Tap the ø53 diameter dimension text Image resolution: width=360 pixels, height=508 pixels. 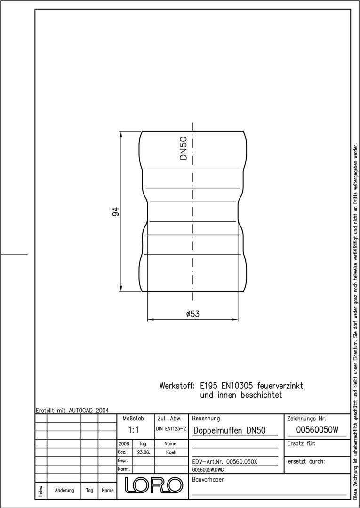[x=192, y=314]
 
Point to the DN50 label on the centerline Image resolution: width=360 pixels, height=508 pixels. [x=184, y=148]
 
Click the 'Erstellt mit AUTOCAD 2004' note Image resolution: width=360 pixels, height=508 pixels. [x=72, y=410]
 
